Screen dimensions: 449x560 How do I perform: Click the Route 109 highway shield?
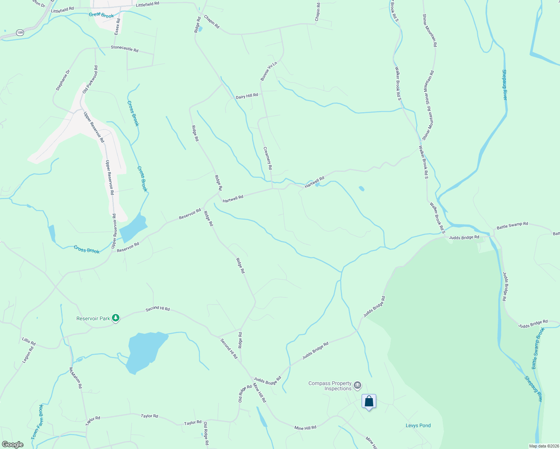20,33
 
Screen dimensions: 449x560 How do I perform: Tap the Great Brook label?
101,15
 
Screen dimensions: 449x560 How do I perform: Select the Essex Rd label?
118,27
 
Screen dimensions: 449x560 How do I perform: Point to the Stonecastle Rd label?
124,49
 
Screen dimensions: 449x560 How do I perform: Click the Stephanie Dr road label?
63,80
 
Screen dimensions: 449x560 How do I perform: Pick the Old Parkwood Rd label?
90,79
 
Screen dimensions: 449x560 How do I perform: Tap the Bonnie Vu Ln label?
269,71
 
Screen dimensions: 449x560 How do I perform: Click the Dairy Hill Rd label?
247,96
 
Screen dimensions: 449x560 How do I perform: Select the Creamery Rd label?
268,158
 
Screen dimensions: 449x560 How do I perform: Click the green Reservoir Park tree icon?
116,318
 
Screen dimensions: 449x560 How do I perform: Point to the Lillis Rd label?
29,341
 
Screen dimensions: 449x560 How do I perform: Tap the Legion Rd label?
28,355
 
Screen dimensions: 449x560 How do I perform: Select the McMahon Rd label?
75,378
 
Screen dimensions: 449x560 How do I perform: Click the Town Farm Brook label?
37,422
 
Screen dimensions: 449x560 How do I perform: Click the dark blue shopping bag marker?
369,401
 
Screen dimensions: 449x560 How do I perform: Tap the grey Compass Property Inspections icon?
357,385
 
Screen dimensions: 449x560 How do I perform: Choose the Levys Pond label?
418,425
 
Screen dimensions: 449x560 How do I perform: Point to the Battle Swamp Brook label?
538,348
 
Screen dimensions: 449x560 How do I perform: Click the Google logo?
12,445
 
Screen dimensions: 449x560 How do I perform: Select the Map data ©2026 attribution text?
544,446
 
